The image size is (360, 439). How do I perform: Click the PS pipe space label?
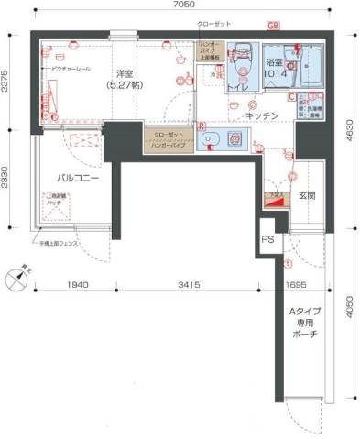(267, 240)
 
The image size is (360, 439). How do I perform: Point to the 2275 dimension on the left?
(8, 84)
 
